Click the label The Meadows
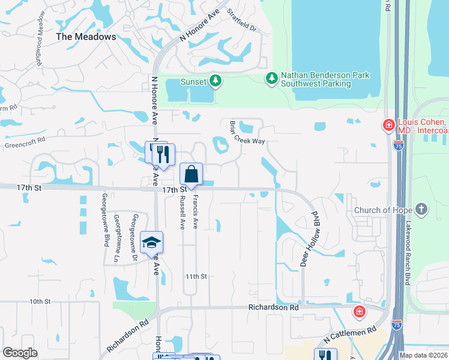(x=86, y=37)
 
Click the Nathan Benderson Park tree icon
(x=272, y=78)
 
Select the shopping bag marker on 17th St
(x=191, y=175)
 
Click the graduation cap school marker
(x=151, y=243)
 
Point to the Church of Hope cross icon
(x=422, y=209)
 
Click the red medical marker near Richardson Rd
(x=359, y=312)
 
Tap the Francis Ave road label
(x=196, y=215)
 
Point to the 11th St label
(x=196, y=277)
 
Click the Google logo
(x=20, y=353)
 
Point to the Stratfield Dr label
(x=241, y=20)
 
